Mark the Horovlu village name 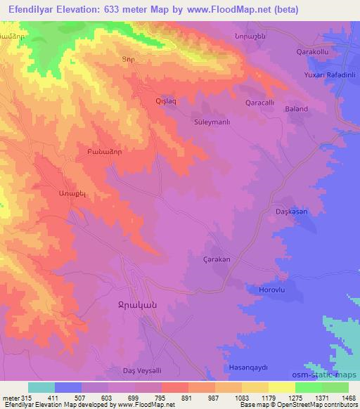point(263,290)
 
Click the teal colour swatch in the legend point(41,387)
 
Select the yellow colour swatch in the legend point(282,387)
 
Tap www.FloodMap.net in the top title point(229,10)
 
